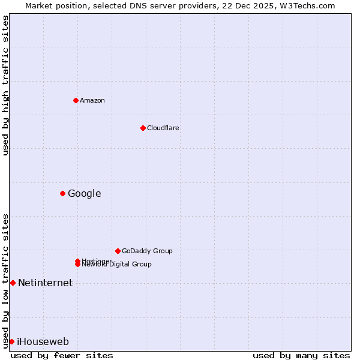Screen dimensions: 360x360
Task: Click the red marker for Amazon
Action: [x=76, y=100]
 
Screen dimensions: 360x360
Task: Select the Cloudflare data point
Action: [x=143, y=128]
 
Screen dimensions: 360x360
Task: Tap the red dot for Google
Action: [x=62, y=193]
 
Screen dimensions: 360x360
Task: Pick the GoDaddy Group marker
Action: [x=118, y=251]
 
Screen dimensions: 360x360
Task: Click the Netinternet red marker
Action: [x=13, y=283]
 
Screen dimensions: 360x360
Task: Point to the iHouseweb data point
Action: [x=11, y=341]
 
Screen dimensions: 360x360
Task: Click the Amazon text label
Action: [x=92, y=100]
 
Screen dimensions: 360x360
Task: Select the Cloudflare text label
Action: [x=163, y=128]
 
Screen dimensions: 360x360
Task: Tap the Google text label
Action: [x=84, y=193]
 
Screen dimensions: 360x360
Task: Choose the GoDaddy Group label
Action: [x=147, y=251]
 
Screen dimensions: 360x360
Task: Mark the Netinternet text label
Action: [x=45, y=283]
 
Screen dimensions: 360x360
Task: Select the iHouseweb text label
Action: [x=43, y=341]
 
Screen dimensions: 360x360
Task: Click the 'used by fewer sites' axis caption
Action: [x=62, y=355]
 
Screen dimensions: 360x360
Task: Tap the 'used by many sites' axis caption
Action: [x=301, y=355]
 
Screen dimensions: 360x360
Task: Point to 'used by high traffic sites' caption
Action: [x=5, y=85]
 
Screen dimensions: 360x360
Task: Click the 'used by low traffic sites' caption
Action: [x=5, y=280]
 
